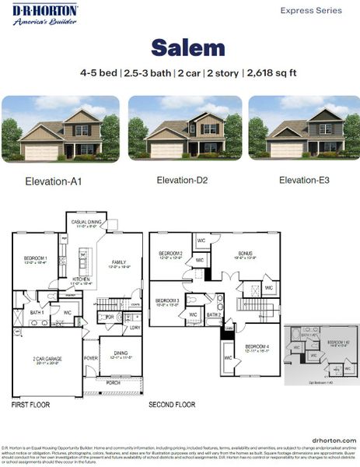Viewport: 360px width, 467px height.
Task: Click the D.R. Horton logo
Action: pos(44,13)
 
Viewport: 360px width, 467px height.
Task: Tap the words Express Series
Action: pos(310,11)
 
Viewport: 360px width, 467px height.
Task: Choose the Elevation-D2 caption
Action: pos(182,181)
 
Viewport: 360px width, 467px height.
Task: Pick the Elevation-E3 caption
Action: pos(304,181)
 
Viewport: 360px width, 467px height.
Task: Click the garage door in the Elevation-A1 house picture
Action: pos(41,152)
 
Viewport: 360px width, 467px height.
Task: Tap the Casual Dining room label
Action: pos(86,223)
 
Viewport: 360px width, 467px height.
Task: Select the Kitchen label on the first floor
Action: pos(82,279)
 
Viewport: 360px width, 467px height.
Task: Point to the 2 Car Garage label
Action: pos(47,359)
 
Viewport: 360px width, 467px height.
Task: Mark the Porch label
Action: pos(114,382)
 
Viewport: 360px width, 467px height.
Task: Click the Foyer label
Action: pos(91,359)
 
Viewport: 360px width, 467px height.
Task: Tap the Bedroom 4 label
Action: pos(256,346)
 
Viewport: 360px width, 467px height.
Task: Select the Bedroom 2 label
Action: pos(170,254)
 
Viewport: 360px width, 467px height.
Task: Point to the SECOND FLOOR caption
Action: pos(172,406)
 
